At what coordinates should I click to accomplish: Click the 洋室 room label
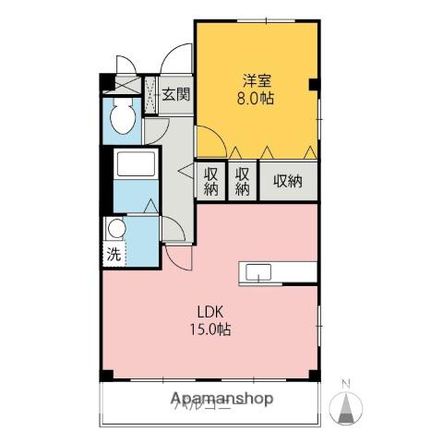pyautogui.click(x=257, y=79)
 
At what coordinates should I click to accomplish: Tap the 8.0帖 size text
pyautogui.click(x=257, y=97)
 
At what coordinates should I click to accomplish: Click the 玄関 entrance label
pyautogui.click(x=175, y=93)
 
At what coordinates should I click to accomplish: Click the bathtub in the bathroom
pyautogui.click(x=137, y=167)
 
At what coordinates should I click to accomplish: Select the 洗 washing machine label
pyautogui.click(x=112, y=255)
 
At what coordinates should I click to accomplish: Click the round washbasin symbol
pyautogui.click(x=115, y=229)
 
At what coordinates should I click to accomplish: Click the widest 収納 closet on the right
pyautogui.click(x=288, y=181)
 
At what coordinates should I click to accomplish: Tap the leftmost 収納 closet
pyautogui.click(x=211, y=181)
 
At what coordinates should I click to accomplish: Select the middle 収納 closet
pyautogui.click(x=242, y=181)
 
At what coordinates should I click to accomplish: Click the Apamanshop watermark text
pyautogui.click(x=221, y=400)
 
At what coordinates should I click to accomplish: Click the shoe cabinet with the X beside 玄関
pyautogui.click(x=151, y=93)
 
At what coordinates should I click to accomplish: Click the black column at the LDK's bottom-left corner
pyautogui.click(x=107, y=374)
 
